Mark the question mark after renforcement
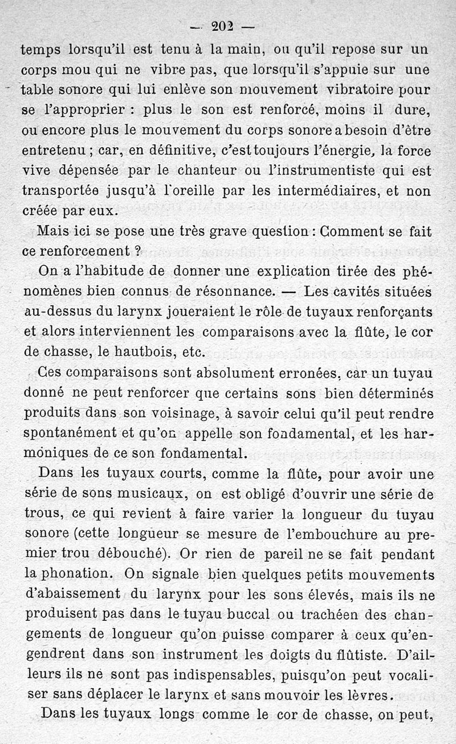click(137, 251)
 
